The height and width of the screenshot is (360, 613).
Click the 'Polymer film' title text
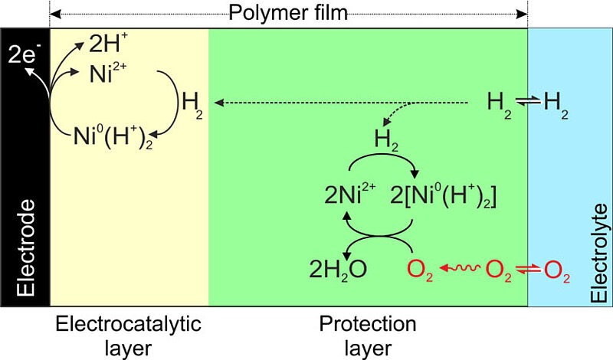(x=288, y=12)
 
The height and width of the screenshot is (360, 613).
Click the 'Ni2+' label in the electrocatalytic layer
(x=108, y=73)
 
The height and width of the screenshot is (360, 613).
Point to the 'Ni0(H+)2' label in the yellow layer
(x=113, y=138)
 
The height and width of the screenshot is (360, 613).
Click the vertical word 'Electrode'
(x=26, y=248)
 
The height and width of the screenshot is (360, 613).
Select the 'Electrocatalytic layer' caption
(x=128, y=335)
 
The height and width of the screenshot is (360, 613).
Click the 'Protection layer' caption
(x=368, y=335)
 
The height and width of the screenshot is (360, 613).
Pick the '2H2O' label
(x=338, y=270)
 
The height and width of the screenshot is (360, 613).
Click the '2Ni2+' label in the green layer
(x=350, y=194)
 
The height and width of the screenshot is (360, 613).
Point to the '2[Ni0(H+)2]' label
(x=444, y=195)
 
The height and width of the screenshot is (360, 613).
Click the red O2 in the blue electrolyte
(x=557, y=270)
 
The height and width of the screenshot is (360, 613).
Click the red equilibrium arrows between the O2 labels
(x=528, y=269)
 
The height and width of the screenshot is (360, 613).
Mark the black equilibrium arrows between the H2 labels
(x=528, y=102)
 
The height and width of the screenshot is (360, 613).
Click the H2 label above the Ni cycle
(x=386, y=140)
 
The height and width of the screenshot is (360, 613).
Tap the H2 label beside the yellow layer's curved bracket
(x=192, y=106)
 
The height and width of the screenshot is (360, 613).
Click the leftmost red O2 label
(x=420, y=270)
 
